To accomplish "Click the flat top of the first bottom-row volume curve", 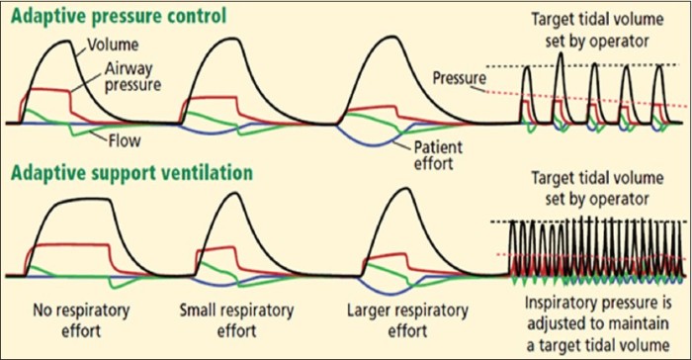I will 74,201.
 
